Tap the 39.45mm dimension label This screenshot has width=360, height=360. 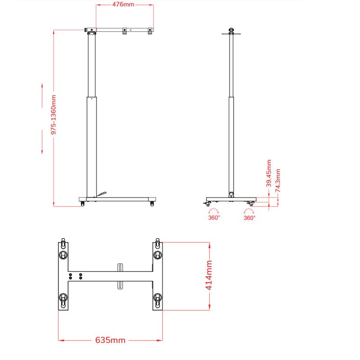coord(269,173)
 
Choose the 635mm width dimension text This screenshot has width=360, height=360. coord(110,340)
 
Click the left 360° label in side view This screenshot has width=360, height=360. coord(214,217)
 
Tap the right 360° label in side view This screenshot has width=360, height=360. coord(249,217)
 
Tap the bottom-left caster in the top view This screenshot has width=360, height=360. coord(63,297)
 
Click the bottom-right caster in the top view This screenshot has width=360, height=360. coord(157,297)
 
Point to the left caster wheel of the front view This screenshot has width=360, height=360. coord(83,204)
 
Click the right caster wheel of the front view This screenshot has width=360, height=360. coord(152,204)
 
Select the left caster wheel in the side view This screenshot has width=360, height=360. coord(208,205)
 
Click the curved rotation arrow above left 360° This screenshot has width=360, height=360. coord(214,211)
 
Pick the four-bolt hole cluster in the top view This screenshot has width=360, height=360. coord(75,276)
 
